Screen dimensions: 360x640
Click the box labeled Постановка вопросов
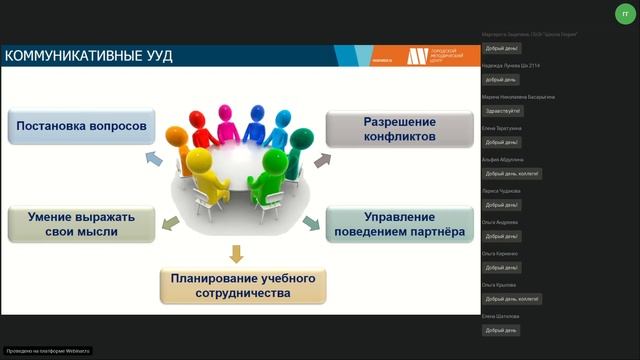81,127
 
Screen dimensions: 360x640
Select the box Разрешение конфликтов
400,128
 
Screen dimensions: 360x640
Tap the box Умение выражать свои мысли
81,224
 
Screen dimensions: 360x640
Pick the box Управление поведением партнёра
400,224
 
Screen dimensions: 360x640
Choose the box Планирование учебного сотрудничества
243,285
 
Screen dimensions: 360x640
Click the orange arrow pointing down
237,253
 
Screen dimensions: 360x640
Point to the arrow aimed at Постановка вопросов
152,158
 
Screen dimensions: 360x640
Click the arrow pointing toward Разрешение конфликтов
322,159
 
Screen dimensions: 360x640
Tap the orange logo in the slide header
417,56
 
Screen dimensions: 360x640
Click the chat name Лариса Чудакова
501,190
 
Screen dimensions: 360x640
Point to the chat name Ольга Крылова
499,284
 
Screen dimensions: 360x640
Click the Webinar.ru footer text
48,350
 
